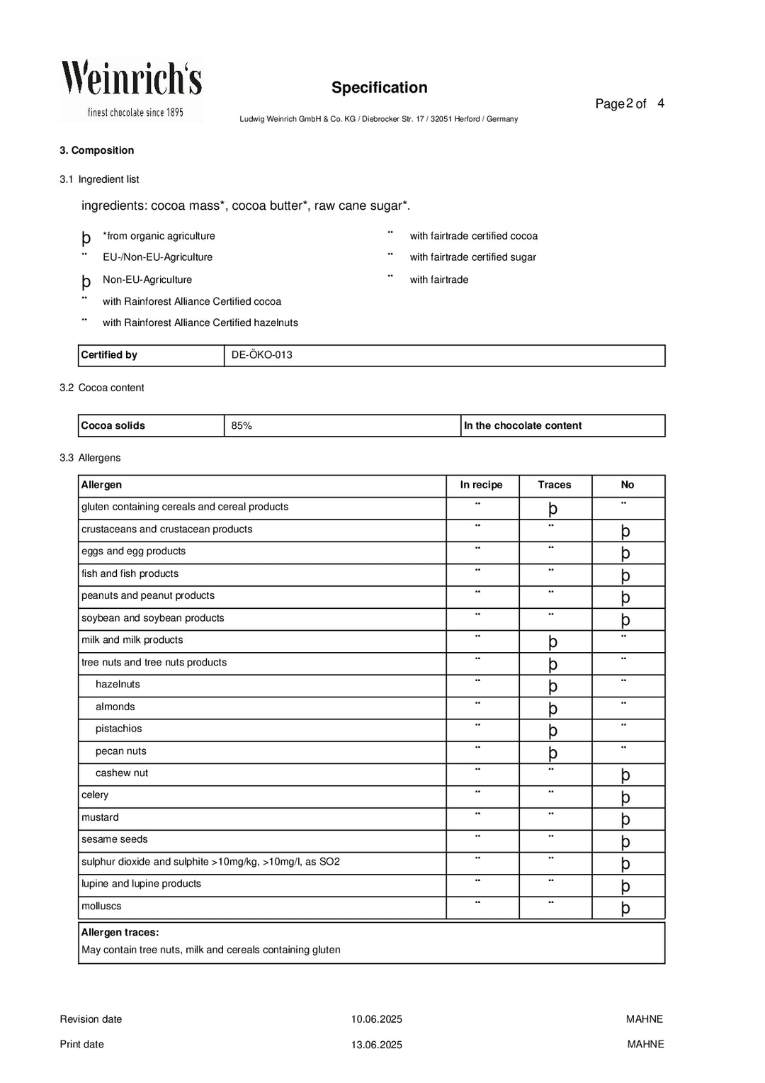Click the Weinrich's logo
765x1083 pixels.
click(x=132, y=89)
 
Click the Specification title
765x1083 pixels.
click(x=379, y=88)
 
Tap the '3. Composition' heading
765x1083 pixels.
click(x=96, y=150)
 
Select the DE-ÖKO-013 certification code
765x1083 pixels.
click(x=261, y=355)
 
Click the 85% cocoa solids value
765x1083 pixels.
click(x=242, y=426)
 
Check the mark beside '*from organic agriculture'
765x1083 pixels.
click(x=86, y=238)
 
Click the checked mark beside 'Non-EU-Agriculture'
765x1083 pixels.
click(x=86, y=281)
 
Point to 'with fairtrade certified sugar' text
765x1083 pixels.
click(x=472, y=257)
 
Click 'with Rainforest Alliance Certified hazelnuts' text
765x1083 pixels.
click(x=200, y=323)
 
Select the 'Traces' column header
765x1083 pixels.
click(x=554, y=486)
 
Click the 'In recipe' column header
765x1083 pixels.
click(x=481, y=486)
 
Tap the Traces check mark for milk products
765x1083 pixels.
click(x=553, y=641)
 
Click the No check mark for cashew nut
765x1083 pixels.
click(x=625, y=775)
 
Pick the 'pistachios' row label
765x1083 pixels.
click(x=118, y=729)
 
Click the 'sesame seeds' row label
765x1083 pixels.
click(x=115, y=840)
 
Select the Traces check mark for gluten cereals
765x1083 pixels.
click(x=553, y=508)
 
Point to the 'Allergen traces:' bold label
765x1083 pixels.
click(x=120, y=933)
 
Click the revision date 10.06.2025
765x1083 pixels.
click(x=376, y=1020)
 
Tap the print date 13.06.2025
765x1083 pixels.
click(x=376, y=1045)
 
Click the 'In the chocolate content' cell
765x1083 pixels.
click(x=523, y=426)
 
